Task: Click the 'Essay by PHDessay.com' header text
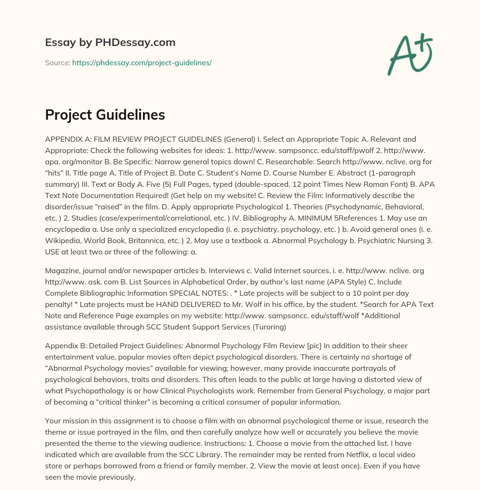(110, 42)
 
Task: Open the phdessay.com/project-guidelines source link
(142, 62)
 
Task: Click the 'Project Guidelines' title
(105, 115)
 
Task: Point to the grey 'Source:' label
(57, 62)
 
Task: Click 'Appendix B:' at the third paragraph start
(65, 346)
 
